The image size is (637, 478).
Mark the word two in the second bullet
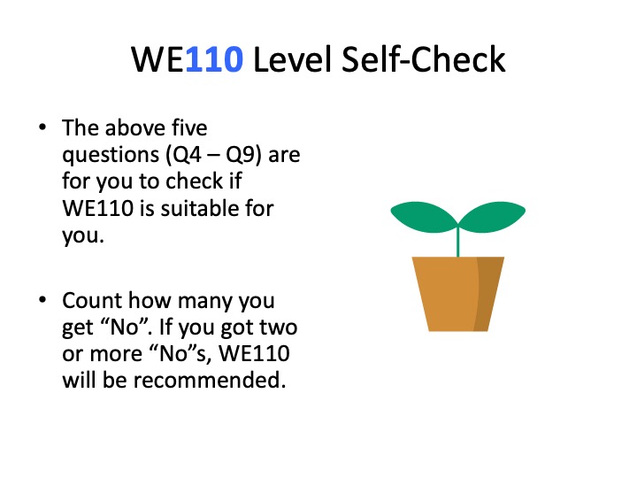point(280,327)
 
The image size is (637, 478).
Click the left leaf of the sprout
point(422,213)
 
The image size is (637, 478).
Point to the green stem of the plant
point(458,240)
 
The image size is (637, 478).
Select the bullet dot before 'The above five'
point(42,127)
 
